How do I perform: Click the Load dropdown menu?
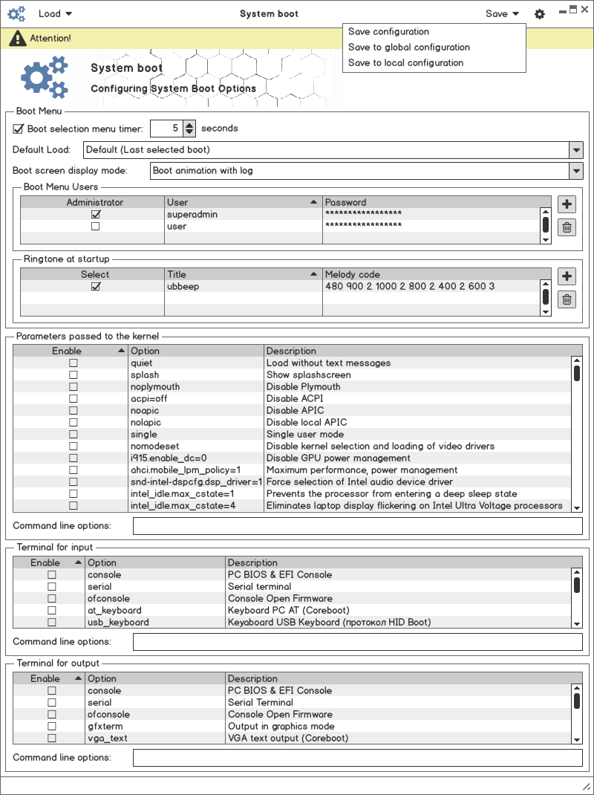click(x=55, y=13)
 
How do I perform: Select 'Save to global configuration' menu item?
click(x=408, y=48)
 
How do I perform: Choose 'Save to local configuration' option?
click(x=405, y=63)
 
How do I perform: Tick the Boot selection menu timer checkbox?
click(x=19, y=129)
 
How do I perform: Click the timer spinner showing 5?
click(x=166, y=129)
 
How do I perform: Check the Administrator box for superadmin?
click(x=95, y=214)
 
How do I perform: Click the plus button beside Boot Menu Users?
click(x=567, y=204)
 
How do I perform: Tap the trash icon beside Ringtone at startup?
click(x=567, y=299)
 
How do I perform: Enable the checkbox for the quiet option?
click(x=73, y=363)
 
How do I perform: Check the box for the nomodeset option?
click(x=73, y=447)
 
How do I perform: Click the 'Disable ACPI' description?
click(x=295, y=399)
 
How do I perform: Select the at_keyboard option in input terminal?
click(x=114, y=611)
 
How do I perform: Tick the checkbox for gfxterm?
click(x=52, y=727)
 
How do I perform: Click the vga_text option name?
click(x=108, y=739)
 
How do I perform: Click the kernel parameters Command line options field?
click(x=357, y=526)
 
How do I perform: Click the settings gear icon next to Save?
click(x=540, y=14)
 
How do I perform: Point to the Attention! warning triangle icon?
click(x=16, y=38)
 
